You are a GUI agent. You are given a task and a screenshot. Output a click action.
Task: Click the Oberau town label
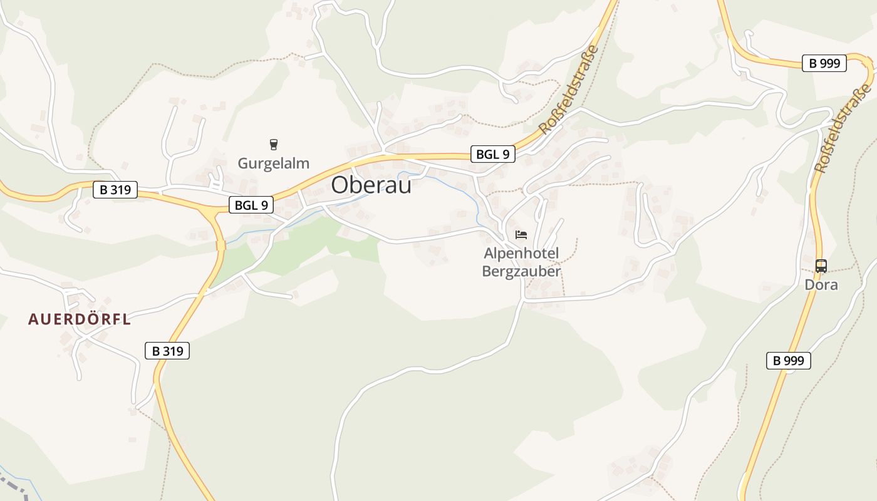point(371,185)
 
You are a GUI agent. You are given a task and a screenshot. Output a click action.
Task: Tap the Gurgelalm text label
point(273,163)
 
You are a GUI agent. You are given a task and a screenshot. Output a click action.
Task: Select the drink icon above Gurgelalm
point(273,145)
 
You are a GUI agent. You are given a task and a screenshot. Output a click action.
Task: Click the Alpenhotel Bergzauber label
point(521,262)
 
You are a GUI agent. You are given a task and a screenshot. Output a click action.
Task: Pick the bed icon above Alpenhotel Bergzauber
point(521,235)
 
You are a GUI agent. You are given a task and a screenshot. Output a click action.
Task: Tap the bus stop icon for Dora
point(821,266)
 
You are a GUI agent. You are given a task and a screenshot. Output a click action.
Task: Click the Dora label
point(821,285)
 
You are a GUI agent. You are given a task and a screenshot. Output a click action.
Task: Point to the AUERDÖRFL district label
point(80,319)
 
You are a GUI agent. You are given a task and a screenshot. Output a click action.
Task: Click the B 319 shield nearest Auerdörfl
point(167,351)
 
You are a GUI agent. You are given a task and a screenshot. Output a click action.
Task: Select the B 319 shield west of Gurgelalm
point(115,190)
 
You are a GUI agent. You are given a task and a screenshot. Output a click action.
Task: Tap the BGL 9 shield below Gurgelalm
point(251,204)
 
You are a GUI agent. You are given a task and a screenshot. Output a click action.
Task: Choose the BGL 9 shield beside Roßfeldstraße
point(493,154)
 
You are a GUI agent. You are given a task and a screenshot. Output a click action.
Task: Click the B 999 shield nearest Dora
point(789,360)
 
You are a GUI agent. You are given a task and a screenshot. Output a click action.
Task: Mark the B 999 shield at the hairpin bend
point(824,63)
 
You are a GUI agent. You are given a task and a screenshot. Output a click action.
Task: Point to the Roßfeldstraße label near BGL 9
point(569,89)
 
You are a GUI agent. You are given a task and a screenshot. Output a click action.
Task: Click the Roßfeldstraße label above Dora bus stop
point(843,128)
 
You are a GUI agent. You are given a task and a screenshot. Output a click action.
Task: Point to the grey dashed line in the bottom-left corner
point(13,485)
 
